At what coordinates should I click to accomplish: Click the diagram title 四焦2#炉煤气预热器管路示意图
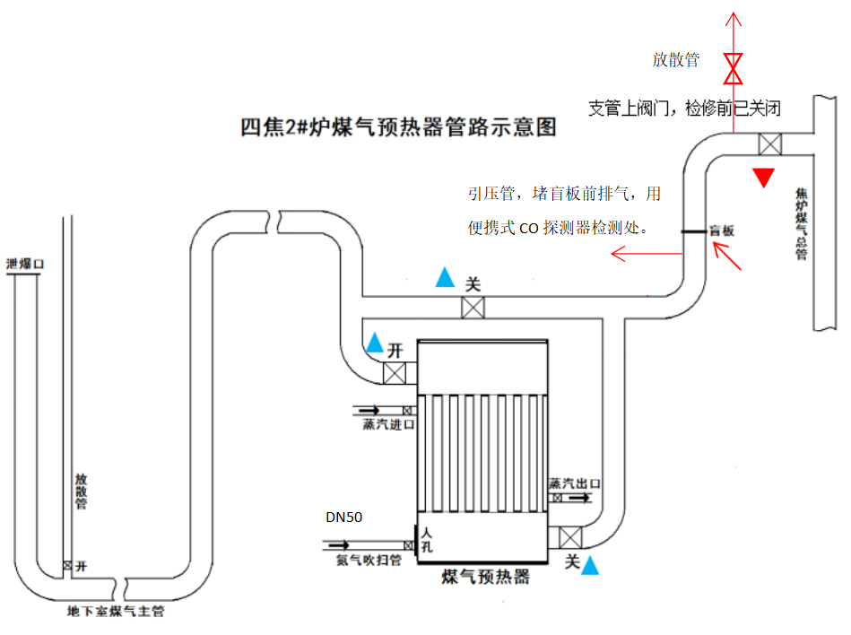[398, 127]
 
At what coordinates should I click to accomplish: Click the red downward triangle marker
[762, 178]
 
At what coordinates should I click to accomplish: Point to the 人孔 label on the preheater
[427, 539]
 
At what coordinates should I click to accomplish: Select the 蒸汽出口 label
[575, 483]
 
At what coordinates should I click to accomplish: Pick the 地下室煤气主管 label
[116, 613]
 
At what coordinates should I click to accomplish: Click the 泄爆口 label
[25, 265]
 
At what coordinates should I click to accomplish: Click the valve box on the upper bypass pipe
[473, 308]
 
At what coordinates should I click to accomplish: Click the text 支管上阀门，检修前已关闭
[684, 109]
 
